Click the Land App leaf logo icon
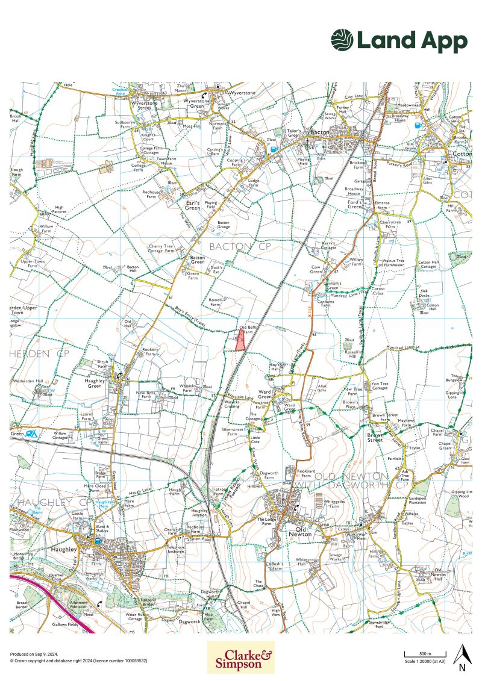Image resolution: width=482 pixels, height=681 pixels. pos(343,41)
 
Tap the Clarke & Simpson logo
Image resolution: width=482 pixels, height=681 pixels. pos(240,658)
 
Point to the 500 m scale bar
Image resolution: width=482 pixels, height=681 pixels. pos(425,654)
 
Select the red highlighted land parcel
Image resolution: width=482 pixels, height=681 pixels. pos(240,340)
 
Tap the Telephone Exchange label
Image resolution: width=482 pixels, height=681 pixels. pos(175,549)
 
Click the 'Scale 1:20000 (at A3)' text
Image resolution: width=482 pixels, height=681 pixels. pos(425,662)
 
